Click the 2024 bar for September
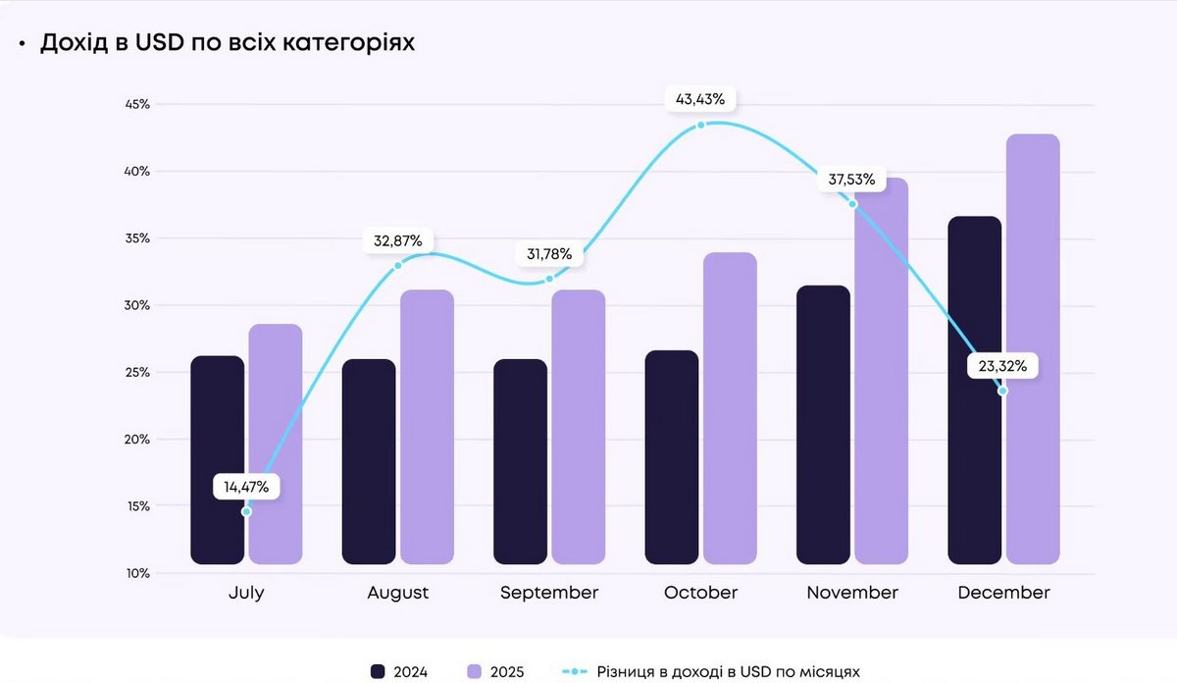click(520, 461)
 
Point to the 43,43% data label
click(700, 99)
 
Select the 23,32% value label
click(1002, 367)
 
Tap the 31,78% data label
click(550, 255)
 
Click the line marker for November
click(852, 204)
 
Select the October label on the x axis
click(700, 594)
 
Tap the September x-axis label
click(549, 594)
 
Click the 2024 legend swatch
click(378, 671)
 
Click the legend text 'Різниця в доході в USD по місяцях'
click(728, 672)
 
